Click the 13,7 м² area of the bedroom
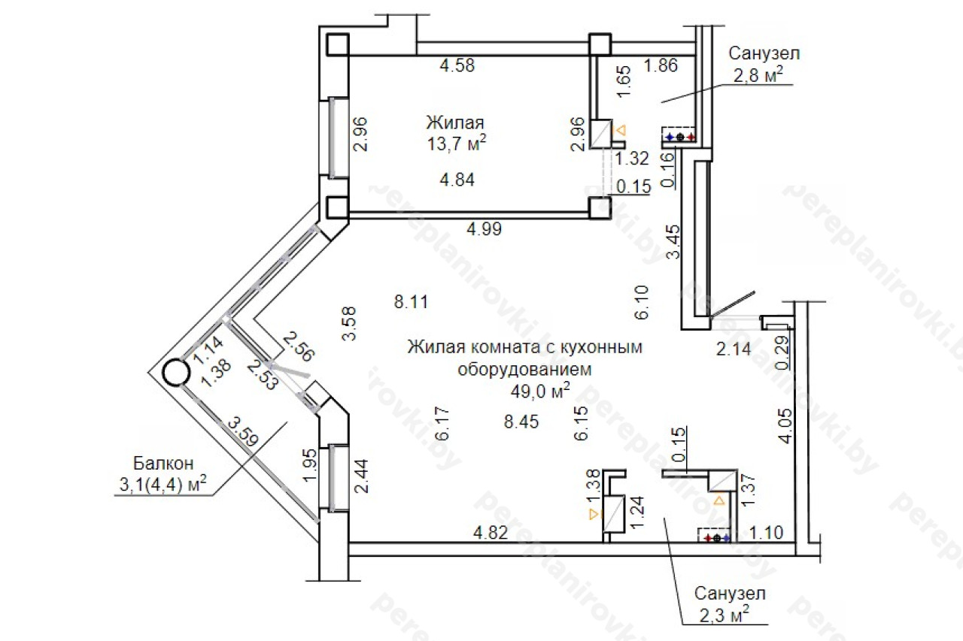(456, 144)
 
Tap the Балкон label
(163, 463)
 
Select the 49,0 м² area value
(540, 391)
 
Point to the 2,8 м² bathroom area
(758, 74)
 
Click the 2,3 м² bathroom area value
(724, 615)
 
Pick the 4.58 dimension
(457, 65)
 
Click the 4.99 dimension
(484, 229)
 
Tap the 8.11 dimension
(411, 302)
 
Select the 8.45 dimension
(521, 422)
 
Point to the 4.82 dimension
(491, 533)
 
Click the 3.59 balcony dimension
(243, 431)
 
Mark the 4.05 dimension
(785, 425)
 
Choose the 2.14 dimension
(734, 349)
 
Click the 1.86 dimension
(661, 65)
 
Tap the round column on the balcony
(176, 373)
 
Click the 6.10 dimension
(641, 303)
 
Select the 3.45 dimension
(673, 242)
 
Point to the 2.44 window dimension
(360, 476)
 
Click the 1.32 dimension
(631, 159)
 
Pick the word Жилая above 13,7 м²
(455, 122)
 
